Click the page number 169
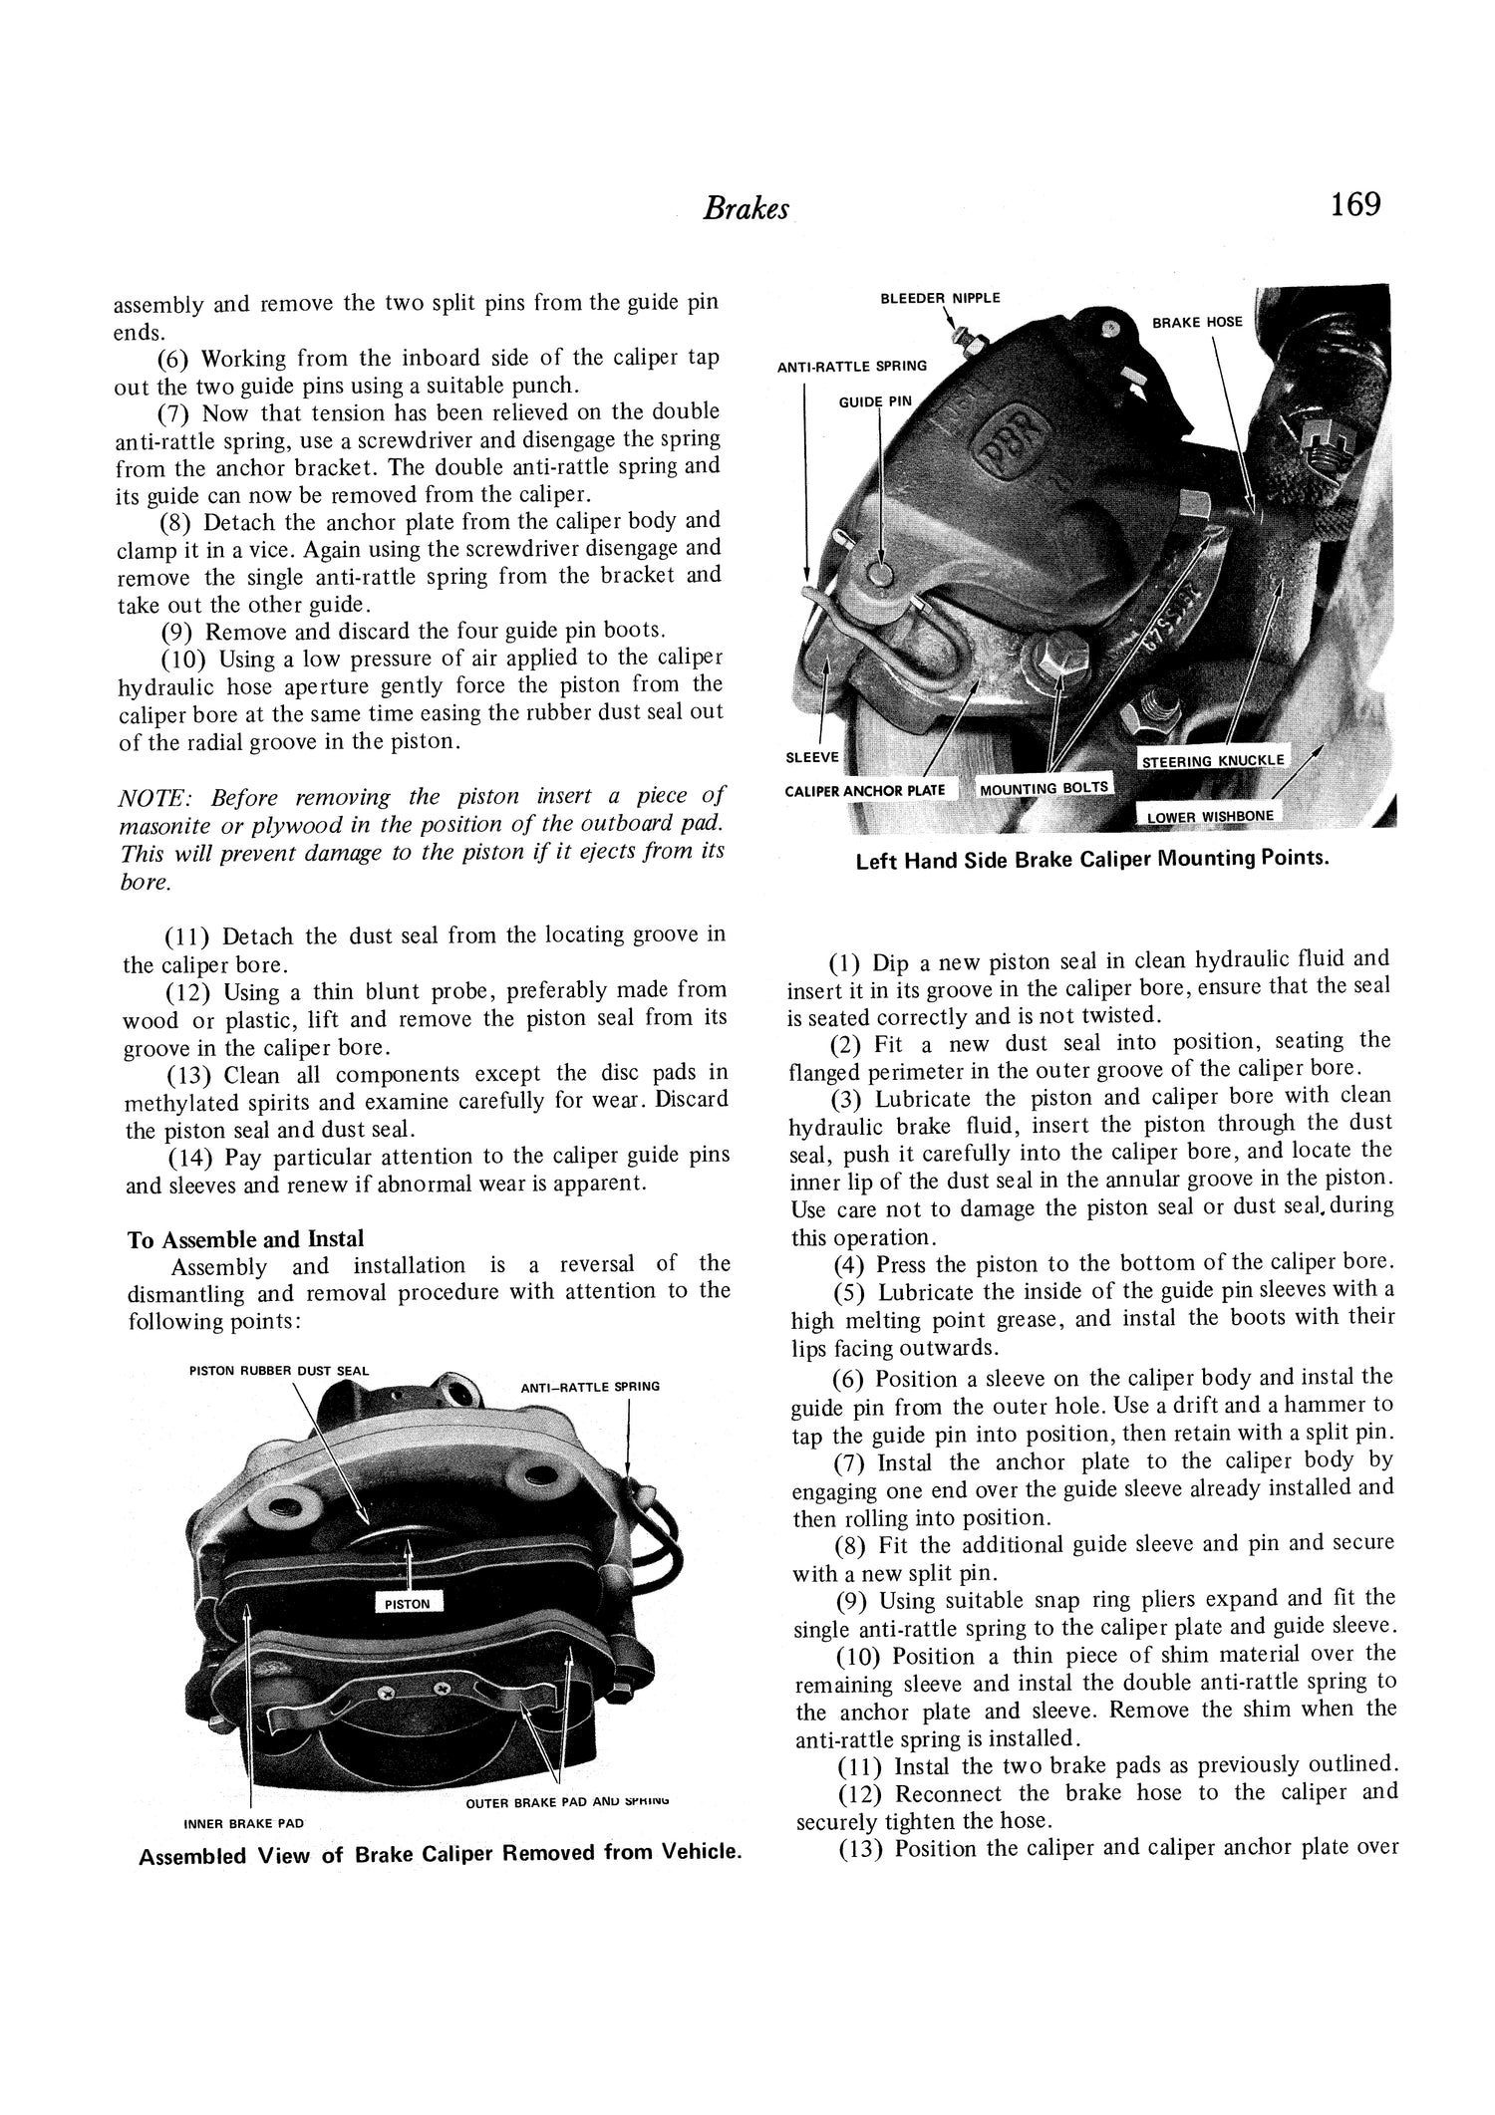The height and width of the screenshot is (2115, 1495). (1353, 205)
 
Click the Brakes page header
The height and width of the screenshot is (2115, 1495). (746, 208)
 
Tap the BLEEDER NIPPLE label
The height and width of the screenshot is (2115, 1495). (940, 299)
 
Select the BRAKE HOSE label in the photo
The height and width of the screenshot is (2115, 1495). (1197, 323)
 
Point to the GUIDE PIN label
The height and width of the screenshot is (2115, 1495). (873, 402)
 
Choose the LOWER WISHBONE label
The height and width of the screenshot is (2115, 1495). (1209, 817)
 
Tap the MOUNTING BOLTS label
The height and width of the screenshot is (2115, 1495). (1045, 789)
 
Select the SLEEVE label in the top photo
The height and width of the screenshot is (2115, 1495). (812, 757)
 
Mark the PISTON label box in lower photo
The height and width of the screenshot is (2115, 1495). (407, 1604)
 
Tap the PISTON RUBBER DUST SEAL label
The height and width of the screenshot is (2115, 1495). (278, 1371)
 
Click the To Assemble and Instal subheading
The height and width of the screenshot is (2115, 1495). (245, 1239)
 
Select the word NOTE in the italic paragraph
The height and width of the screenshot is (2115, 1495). (149, 797)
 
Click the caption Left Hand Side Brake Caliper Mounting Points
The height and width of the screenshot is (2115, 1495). (1092, 860)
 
